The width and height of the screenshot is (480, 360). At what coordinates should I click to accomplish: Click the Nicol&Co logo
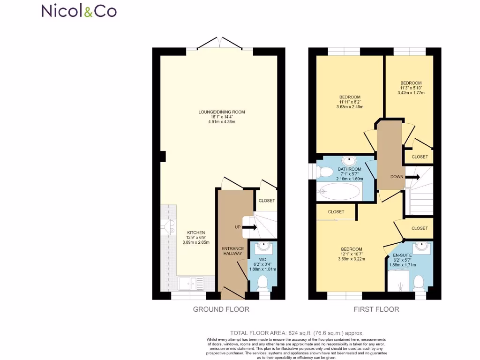pyautogui.click(x=79, y=11)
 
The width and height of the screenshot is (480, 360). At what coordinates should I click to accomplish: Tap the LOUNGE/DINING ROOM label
pyautogui.click(x=222, y=112)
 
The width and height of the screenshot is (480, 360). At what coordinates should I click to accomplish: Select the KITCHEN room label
pyautogui.click(x=196, y=232)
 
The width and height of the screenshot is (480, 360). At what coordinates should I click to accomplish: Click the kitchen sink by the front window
pyautogui.click(x=192, y=283)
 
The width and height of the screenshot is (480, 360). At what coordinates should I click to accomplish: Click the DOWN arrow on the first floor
pyautogui.click(x=412, y=177)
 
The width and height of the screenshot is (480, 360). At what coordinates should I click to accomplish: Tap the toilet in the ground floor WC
pyautogui.click(x=263, y=282)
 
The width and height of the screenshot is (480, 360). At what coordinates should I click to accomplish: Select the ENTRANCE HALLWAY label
pyautogui.click(x=232, y=250)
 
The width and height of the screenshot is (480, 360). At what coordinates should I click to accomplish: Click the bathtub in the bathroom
pyautogui.click(x=340, y=191)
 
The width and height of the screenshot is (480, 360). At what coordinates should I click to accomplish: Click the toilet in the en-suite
pyautogui.click(x=418, y=282)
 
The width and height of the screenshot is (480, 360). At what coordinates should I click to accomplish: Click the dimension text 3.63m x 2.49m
pyautogui.click(x=350, y=107)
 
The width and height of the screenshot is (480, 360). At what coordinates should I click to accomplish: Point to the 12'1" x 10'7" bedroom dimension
pyautogui.click(x=351, y=254)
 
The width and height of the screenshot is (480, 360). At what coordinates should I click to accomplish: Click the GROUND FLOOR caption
pyautogui.click(x=221, y=309)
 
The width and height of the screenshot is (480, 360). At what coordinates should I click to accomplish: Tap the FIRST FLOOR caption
pyautogui.click(x=377, y=309)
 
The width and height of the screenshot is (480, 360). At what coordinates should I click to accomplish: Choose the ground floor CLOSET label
pyautogui.click(x=267, y=201)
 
